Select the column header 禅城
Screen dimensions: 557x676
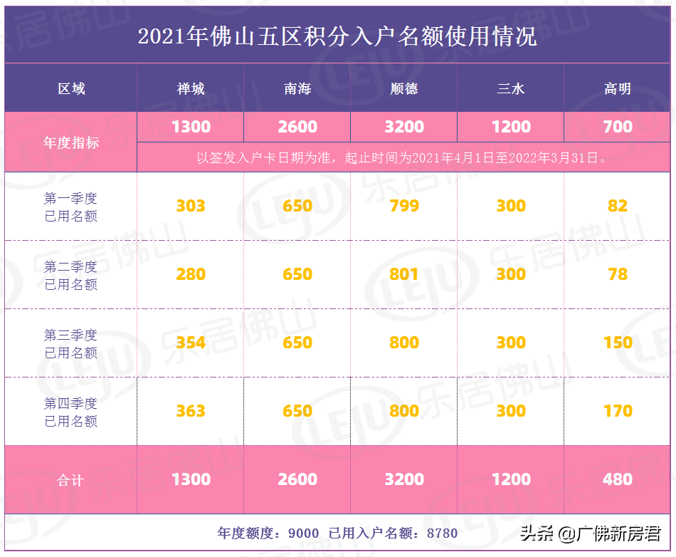pyautogui.click(x=191, y=89)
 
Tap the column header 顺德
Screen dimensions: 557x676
pyautogui.click(x=404, y=89)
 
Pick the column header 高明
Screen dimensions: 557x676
pyautogui.click(x=617, y=89)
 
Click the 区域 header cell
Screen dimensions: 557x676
pyautogui.click(x=71, y=89)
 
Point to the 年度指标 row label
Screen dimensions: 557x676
pyautogui.click(x=71, y=142)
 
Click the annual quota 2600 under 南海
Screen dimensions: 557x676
pyautogui.click(x=297, y=127)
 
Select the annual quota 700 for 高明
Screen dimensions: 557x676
pyautogui.click(x=617, y=127)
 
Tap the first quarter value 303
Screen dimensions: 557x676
pyautogui.click(x=191, y=207)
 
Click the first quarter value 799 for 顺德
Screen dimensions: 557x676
pyautogui.click(x=404, y=207)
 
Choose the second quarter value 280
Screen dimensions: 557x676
pyautogui.click(x=191, y=274)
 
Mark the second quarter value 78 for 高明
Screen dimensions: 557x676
pyautogui.click(x=617, y=274)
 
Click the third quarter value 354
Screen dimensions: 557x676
pyautogui.click(x=191, y=343)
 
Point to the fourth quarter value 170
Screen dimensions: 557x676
pyautogui.click(x=617, y=411)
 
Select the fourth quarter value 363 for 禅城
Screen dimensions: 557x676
pyautogui.click(x=191, y=411)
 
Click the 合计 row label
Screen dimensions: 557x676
pyautogui.click(x=71, y=480)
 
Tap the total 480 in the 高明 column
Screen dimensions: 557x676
pyautogui.click(x=617, y=479)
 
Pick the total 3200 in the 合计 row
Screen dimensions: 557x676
pyautogui.click(x=404, y=479)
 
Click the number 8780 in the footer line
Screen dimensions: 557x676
pyautogui.click(x=441, y=533)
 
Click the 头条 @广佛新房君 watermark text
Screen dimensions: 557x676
pyautogui.click(x=591, y=533)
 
